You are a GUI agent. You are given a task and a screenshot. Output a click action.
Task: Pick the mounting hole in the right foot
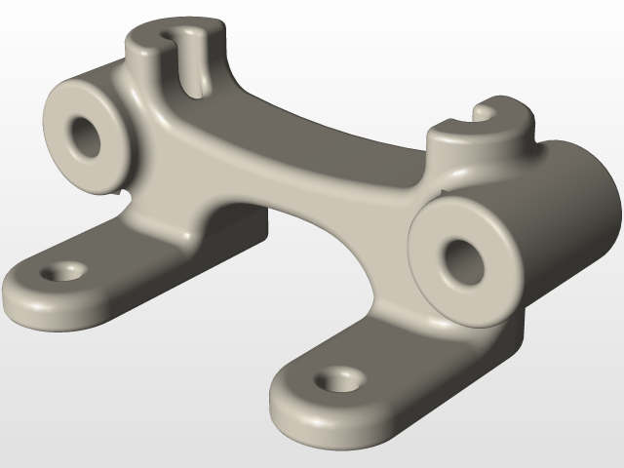(x=338, y=377)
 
